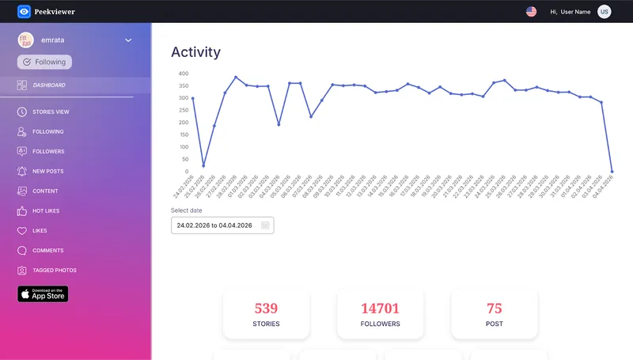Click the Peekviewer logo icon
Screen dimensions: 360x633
(x=24, y=11)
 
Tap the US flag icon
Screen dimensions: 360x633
(x=531, y=11)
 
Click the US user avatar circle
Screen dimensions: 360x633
(x=605, y=11)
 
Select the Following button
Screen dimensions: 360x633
(x=44, y=62)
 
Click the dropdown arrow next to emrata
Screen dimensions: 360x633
(x=128, y=40)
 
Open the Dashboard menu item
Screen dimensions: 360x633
(x=48, y=85)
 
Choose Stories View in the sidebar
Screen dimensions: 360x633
(x=51, y=112)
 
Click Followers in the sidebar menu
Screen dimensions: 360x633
(x=48, y=152)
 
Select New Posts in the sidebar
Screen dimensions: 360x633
(x=47, y=172)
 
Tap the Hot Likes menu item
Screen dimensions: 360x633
(x=46, y=211)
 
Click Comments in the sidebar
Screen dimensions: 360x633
(x=47, y=251)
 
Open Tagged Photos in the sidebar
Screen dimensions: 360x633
(x=54, y=271)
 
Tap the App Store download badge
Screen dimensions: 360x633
(x=43, y=294)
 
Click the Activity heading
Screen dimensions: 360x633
(x=195, y=52)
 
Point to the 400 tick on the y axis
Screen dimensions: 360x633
(x=184, y=74)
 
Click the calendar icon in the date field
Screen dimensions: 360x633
(x=265, y=225)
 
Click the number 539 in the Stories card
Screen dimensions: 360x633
(x=266, y=309)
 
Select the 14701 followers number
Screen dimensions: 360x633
(x=380, y=309)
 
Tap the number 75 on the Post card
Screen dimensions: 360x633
(x=494, y=309)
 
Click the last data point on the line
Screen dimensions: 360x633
(x=612, y=171)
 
